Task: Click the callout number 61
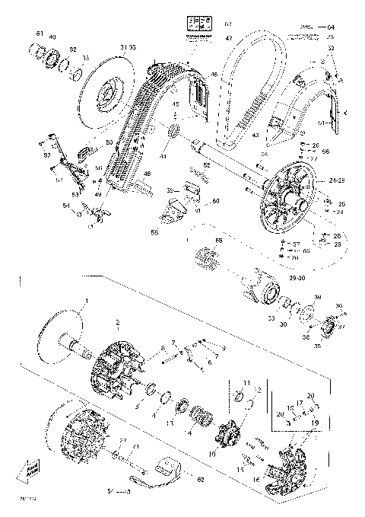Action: pos(40,34)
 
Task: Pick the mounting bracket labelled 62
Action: pos(169,464)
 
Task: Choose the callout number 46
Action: pos(214,74)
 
